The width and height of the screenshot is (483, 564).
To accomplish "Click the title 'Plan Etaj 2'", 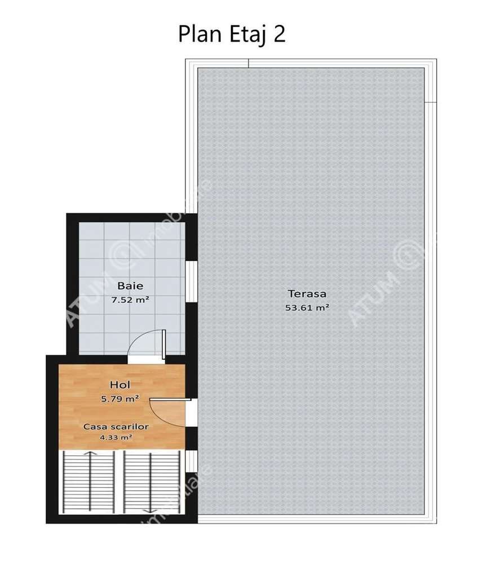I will tap(232, 34).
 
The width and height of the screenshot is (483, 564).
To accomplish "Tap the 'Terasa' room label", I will tap(307, 294).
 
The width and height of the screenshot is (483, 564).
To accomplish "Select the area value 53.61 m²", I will tap(307, 308).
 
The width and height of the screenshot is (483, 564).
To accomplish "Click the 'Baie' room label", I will tap(130, 285).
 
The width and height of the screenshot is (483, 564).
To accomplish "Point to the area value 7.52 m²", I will tap(130, 299).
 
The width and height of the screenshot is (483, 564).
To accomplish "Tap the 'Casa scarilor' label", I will tap(116, 427).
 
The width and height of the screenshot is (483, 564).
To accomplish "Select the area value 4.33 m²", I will tap(116, 437).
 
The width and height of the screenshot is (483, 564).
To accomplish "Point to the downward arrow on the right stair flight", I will tap(150, 510).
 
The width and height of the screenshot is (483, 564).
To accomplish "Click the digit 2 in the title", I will tap(278, 34).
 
